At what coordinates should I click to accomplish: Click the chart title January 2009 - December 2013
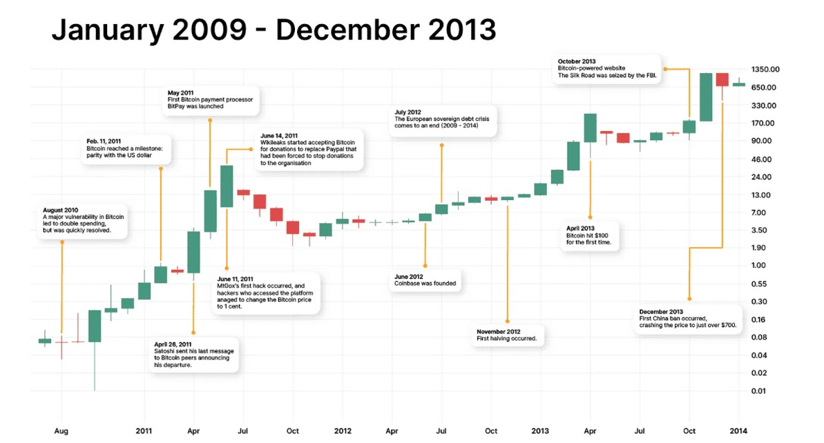[274, 30]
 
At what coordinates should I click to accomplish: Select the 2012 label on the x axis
[343, 431]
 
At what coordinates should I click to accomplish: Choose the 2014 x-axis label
[738, 431]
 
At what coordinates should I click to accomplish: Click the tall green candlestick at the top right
[705, 97]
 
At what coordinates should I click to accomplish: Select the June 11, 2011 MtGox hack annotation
[267, 295]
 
